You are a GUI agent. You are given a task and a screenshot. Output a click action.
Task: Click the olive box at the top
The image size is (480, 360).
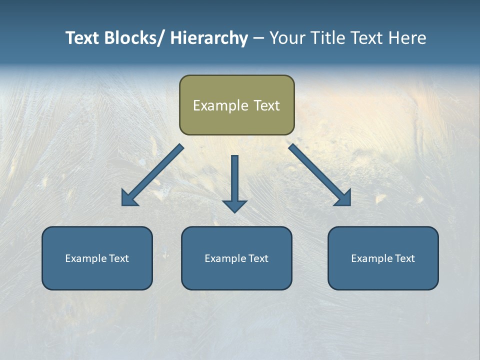pos(236,105)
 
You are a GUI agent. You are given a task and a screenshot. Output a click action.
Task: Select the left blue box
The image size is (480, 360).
pos(97,258)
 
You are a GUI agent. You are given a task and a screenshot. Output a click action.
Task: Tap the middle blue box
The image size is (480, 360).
pos(236,258)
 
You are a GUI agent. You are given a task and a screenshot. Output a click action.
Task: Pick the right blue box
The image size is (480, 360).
pos(383,258)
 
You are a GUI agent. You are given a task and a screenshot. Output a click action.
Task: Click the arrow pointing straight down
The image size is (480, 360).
pos(235,183)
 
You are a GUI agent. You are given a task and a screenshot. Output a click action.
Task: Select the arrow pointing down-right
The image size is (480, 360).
pos(319,175)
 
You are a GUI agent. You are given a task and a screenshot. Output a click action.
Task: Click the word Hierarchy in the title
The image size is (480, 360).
pos(209,38)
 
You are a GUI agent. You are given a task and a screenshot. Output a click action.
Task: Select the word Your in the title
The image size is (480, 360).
pos(287,38)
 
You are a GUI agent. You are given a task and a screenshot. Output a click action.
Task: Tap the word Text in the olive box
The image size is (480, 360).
pos(266,105)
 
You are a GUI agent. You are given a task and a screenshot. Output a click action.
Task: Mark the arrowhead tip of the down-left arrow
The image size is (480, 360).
pos(122,205)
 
